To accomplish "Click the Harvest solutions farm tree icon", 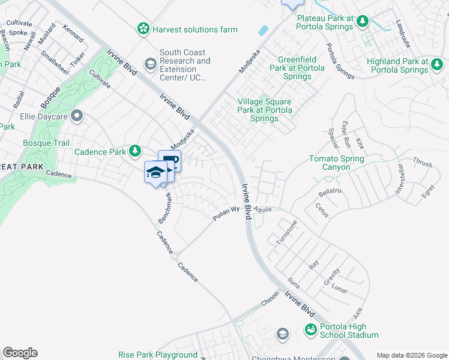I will [x=143, y=29].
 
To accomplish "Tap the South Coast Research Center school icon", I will [x=150, y=63].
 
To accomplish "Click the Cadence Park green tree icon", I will [x=136, y=151].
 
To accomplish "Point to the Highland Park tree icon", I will [x=438, y=66].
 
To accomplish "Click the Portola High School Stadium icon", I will [x=310, y=329].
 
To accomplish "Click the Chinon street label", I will [x=270, y=300].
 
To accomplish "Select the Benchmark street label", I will [x=165, y=208].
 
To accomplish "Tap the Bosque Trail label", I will [x=46, y=143].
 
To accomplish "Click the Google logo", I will [x=20, y=353].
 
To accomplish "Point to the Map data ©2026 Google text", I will [x=411, y=355].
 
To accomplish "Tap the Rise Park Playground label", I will [x=158, y=355].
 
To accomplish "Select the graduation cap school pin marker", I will [x=156, y=172].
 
